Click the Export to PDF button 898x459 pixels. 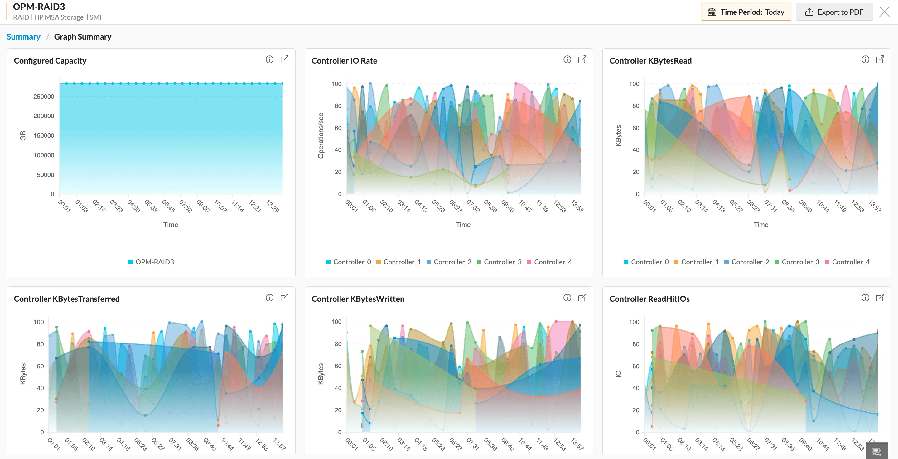point(834,12)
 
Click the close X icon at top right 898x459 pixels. point(884,12)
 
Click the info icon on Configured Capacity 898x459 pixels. point(269,59)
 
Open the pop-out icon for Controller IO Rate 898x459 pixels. point(582,59)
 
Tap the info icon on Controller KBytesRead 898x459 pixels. point(865,59)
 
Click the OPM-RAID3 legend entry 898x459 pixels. point(151,262)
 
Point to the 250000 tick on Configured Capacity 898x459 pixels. point(44,97)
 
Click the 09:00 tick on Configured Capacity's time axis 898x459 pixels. point(203,206)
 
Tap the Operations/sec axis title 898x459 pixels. point(321,135)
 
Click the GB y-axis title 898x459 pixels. point(23,135)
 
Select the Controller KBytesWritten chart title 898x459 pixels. point(358,299)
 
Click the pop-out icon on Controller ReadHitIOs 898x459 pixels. point(880,298)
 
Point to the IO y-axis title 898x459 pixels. point(618,374)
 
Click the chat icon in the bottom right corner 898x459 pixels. point(876,451)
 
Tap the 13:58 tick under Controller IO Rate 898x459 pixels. point(577,206)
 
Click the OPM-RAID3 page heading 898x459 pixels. point(39,7)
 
